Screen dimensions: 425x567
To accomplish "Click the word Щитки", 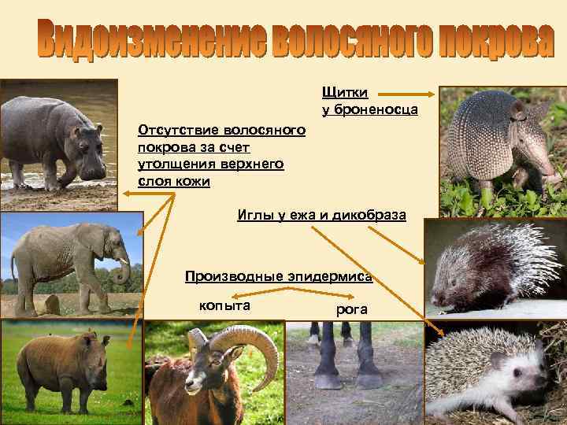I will tap(339, 93).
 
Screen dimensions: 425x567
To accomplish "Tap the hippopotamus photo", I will tap(59, 142).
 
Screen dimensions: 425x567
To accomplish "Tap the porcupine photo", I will tap(495, 268).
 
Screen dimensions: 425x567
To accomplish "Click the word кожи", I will tap(192, 182).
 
